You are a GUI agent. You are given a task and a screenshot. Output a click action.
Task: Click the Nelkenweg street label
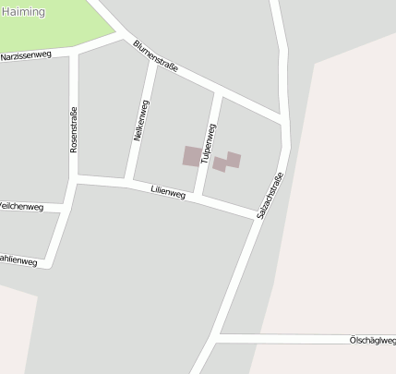(x=141, y=120)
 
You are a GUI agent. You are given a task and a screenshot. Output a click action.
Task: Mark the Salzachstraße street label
(x=269, y=196)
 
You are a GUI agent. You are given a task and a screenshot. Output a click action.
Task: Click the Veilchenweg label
(x=21, y=207)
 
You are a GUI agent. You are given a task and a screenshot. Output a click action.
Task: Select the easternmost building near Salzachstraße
(x=234, y=160)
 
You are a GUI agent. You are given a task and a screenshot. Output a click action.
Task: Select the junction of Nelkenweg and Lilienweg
(x=130, y=182)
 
